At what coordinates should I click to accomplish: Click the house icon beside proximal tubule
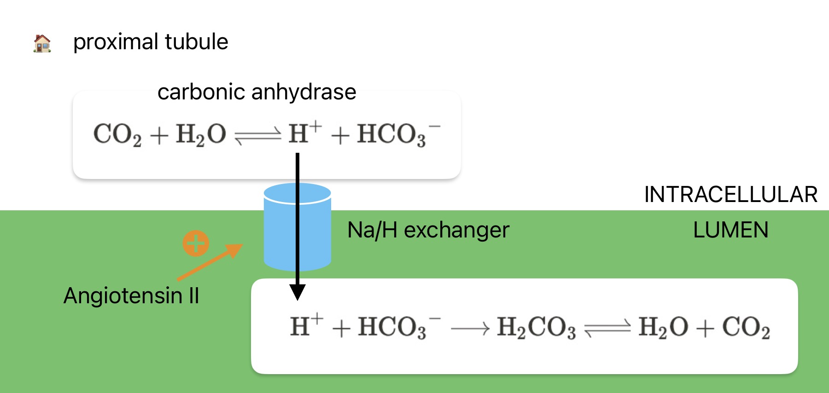click(42, 44)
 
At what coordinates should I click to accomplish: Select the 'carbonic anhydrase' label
click(257, 92)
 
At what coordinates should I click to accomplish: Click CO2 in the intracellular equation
click(117, 135)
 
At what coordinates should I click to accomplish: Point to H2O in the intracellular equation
click(201, 135)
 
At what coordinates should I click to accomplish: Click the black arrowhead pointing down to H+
click(298, 292)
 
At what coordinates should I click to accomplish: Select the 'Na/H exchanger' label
click(428, 230)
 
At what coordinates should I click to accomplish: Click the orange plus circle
click(196, 243)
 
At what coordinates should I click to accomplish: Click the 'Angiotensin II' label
click(131, 295)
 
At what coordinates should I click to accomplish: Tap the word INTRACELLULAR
click(730, 195)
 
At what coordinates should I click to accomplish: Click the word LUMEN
click(730, 230)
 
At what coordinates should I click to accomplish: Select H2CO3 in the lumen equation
click(536, 328)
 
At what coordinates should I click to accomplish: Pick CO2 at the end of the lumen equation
click(746, 328)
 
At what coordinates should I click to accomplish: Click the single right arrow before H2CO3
click(469, 329)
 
